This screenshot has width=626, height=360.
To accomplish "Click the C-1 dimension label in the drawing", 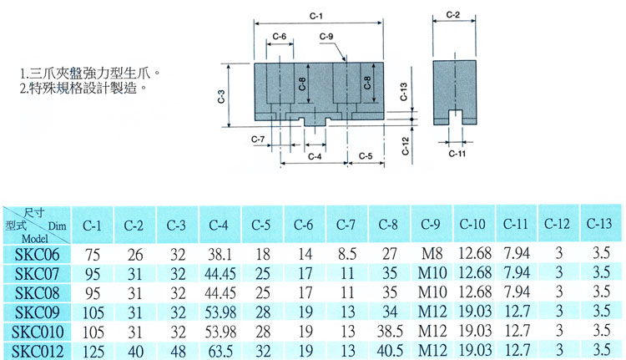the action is coord(316,16).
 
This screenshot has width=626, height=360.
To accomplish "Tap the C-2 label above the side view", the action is coord(452,15).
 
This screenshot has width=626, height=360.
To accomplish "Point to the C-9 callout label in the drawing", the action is coord(326,37).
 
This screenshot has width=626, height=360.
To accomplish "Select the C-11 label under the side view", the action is coord(457,154).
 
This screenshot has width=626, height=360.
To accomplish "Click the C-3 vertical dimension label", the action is coord(221,96).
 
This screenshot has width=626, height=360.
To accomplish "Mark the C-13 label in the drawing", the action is coord(404,92).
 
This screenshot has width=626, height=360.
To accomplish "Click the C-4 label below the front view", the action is coord(315,157).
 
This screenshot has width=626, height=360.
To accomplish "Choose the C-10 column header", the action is coord(472,224).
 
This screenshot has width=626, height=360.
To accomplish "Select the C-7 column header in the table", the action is coord(346,225).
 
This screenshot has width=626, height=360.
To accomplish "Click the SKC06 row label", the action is coord(37,255).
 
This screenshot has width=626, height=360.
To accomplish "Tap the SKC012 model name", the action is coord(38,352).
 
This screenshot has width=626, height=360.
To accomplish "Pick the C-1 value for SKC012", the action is coord(93,352).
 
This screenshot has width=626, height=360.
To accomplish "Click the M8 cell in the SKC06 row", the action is coord(432,254).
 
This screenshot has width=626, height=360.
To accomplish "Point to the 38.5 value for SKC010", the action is coord(390,332).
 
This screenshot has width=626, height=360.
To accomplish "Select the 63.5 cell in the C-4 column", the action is coord(220,352).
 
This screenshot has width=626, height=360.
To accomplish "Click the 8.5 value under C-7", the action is coord(347,254).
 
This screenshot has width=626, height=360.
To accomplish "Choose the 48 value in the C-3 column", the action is coord(178,352).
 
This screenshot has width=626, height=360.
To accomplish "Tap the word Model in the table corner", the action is coord(35,239).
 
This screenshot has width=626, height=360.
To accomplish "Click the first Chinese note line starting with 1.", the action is coord(90,74).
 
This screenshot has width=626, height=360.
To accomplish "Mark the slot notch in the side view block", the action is coord(455,117).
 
